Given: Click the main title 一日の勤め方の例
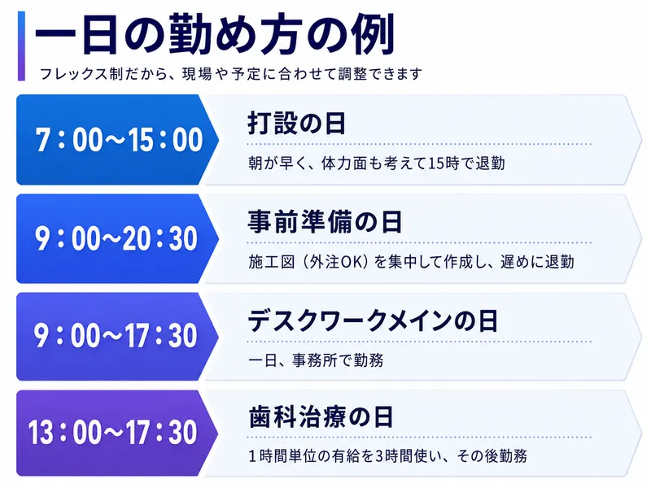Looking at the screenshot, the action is [214, 34].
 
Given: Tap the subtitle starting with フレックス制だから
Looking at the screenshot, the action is [231, 74].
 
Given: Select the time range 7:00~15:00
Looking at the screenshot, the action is [119, 140].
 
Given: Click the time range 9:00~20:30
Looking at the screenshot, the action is [116, 238].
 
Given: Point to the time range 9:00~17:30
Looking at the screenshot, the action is [116, 336].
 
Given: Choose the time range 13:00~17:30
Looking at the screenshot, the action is [112, 433].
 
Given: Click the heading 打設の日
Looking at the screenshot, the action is [296, 124].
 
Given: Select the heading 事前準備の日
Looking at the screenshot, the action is [325, 221].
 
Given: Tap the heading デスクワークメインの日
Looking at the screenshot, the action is [373, 320].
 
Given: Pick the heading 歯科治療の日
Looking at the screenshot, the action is [321, 417].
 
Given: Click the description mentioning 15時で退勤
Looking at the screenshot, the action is [377, 163].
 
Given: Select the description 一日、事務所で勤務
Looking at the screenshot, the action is [316, 360].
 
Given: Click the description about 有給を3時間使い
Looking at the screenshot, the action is [388, 456].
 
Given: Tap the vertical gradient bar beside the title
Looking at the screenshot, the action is [22, 46].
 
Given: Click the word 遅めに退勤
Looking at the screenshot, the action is [537, 262].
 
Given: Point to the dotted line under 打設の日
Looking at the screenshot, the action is [419, 144].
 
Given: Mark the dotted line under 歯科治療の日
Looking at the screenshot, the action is [419, 437].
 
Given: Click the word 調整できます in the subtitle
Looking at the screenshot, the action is [381, 74].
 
